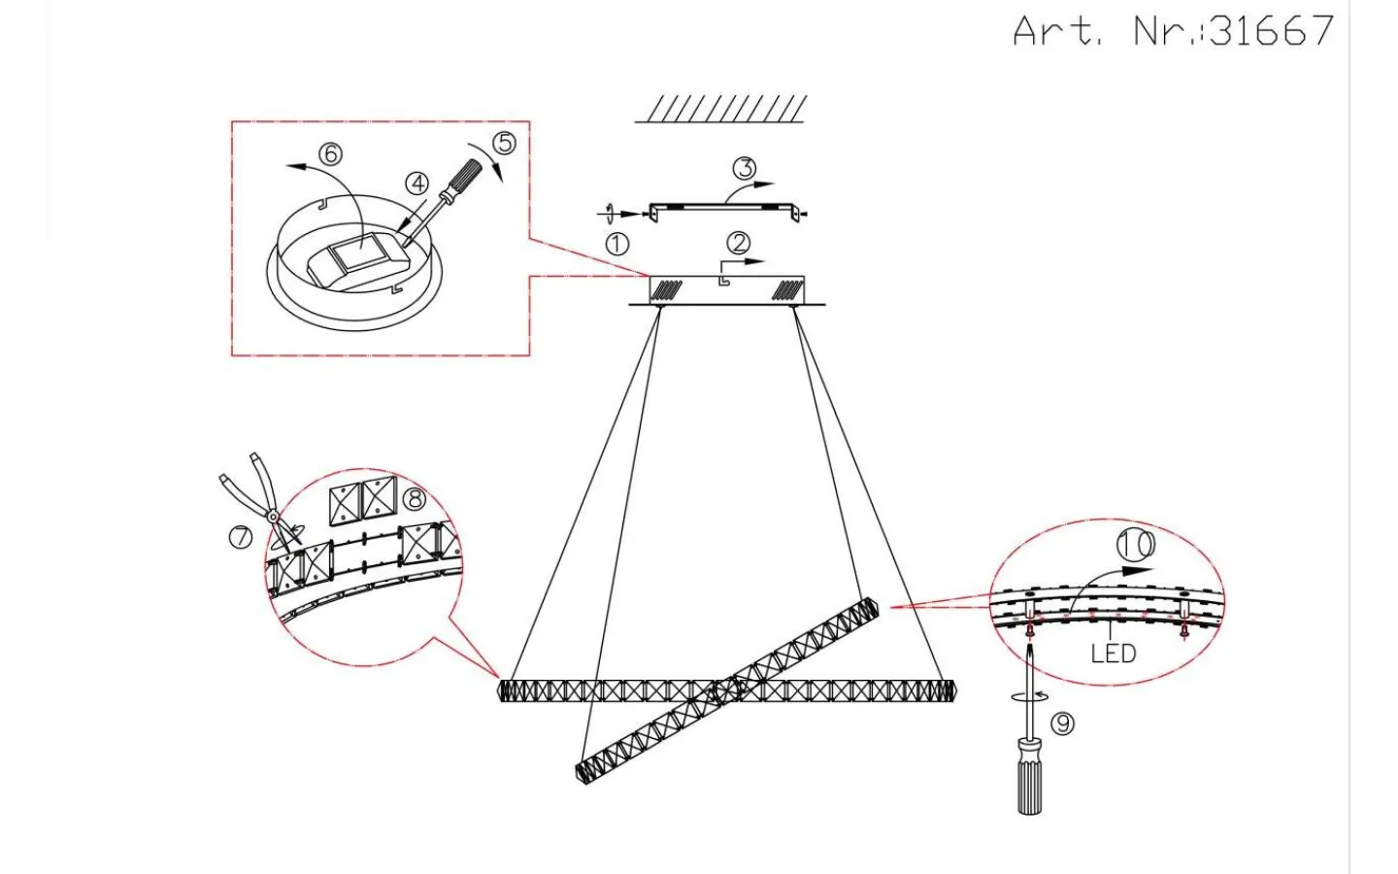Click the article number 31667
[x=1272, y=30]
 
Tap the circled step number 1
[x=616, y=244]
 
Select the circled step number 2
[x=738, y=242]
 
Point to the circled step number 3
[x=744, y=168]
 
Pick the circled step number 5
[x=504, y=143]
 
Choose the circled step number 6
[x=330, y=153]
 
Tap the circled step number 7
[x=241, y=537]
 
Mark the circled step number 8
[x=414, y=499]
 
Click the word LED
[x=1114, y=654]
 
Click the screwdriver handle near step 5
[x=467, y=178]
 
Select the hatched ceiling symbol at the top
[x=721, y=109]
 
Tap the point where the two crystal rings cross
[x=726, y=690]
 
